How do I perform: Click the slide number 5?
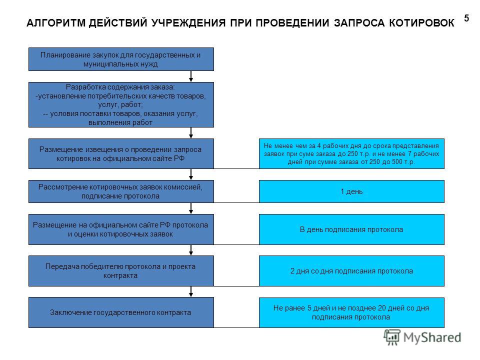(x=466, y=18)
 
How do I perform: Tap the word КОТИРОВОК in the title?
(x=421, y=23)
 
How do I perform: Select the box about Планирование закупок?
(x=121, y=59)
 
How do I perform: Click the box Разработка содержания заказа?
(x=121, y=104)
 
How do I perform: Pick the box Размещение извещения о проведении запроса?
(x=121, y=153)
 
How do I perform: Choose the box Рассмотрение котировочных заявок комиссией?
(x=121, y=191)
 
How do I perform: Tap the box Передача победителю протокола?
(x=121, y=271)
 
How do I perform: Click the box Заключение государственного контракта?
(x=121, y=312)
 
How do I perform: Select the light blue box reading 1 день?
(x=351, y=191)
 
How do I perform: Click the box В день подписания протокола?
(x=351, y=229)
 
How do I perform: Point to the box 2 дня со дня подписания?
(x=351, y=271)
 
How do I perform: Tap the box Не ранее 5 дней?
(x=351, y=312)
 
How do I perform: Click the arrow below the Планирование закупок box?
(x=191, y=76)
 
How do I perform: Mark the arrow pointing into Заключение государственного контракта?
(x=191, y=291)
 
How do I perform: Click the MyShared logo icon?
(x=392, y=337)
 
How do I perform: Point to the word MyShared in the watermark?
(x=432, y=337)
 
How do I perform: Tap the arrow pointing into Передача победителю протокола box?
(x=191, y=250)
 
